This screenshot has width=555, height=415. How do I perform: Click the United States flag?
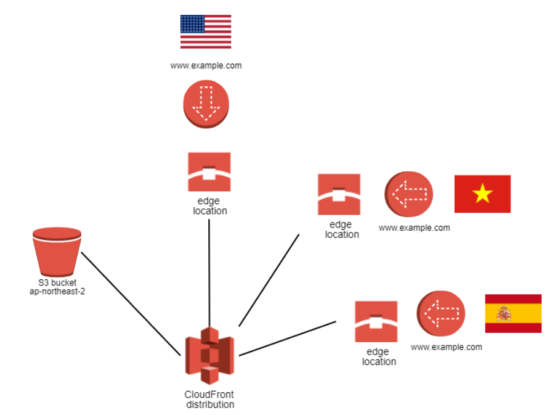206,31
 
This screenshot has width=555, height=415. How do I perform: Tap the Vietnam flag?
482,194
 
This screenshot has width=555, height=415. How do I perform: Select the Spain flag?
513,313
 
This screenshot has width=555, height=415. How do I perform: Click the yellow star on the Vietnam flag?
482,194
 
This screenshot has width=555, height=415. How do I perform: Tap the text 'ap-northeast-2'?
57,291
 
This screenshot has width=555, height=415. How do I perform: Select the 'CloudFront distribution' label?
209,400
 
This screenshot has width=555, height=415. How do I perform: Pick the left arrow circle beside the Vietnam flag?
409,194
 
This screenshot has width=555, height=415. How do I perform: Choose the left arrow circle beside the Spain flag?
440,314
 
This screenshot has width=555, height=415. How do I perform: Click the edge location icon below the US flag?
209,172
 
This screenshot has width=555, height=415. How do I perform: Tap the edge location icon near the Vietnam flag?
339,195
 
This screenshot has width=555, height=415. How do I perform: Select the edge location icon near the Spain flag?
376,321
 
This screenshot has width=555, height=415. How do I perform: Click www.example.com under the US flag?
206,65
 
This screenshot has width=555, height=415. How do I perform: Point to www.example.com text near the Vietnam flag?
414,228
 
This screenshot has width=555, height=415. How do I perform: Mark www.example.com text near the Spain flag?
446,347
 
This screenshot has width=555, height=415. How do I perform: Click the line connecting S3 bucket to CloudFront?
130,303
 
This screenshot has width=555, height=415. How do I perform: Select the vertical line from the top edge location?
210,271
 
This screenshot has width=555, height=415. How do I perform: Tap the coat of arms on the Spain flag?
504,314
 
